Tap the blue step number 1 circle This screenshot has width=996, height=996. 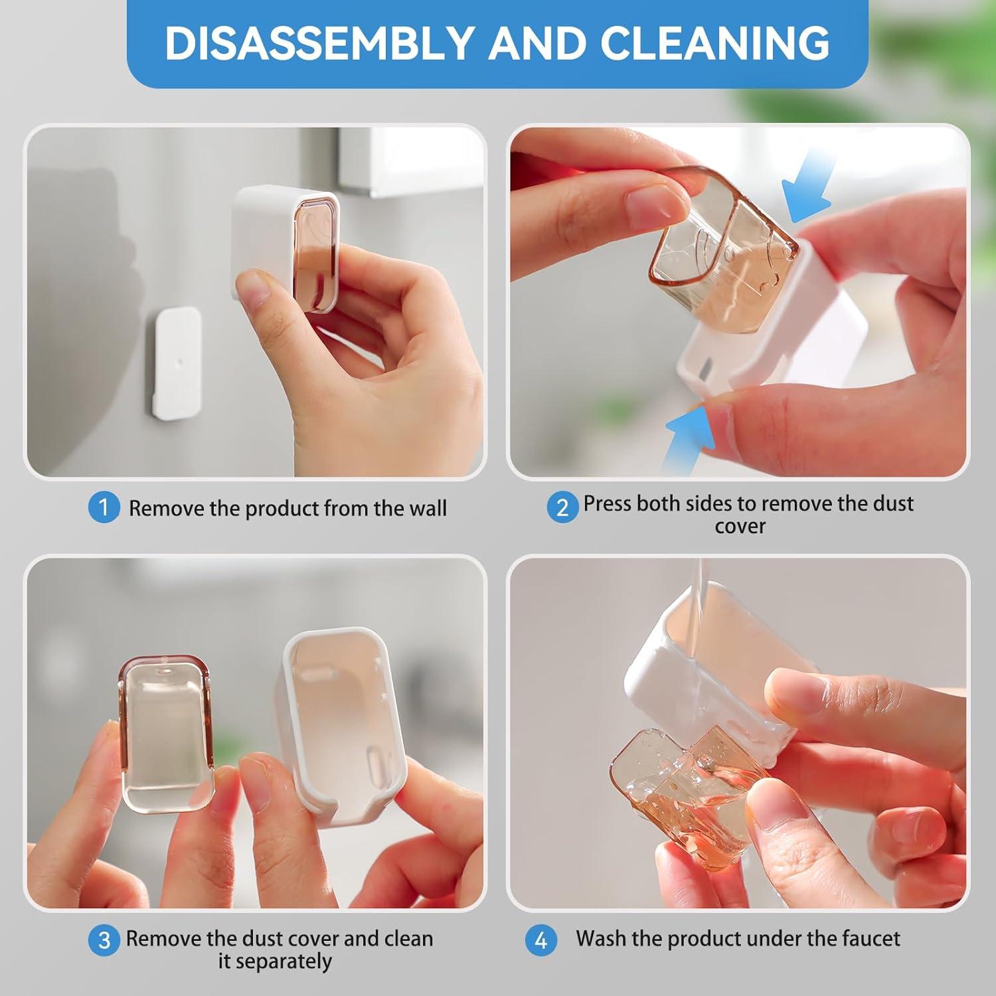pos(104,508)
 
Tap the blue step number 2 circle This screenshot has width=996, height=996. pos(562,508)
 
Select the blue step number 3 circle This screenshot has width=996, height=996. pos(104,941)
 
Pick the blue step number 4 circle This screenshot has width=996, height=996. pos(540,941)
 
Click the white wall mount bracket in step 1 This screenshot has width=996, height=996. pos(173,363)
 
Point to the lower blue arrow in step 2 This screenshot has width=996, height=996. pos(691,435)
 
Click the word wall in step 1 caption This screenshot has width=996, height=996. pos(428,509)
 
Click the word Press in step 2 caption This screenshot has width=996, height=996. pos(607,503)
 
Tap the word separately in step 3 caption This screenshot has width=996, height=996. pos(275,961)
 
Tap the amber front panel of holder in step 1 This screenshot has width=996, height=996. pos(315,252)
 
